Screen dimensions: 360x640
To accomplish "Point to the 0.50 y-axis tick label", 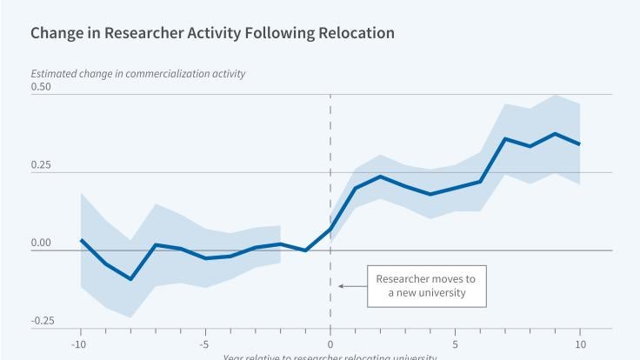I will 41,87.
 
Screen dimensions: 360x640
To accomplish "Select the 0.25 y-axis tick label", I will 41,165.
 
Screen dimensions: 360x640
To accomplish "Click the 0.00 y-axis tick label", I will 41,243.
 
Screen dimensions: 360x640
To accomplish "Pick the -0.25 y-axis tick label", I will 43,321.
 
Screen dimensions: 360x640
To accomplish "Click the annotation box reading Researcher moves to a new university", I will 426,285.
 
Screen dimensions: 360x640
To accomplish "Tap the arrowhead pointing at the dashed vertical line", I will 341,285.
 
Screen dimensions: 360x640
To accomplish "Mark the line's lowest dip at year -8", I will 130,279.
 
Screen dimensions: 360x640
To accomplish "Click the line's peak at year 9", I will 555,133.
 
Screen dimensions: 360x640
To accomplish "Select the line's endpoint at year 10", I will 580,144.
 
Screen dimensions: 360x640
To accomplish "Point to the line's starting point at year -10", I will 81,240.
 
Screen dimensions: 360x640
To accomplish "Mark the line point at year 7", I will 505,138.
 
